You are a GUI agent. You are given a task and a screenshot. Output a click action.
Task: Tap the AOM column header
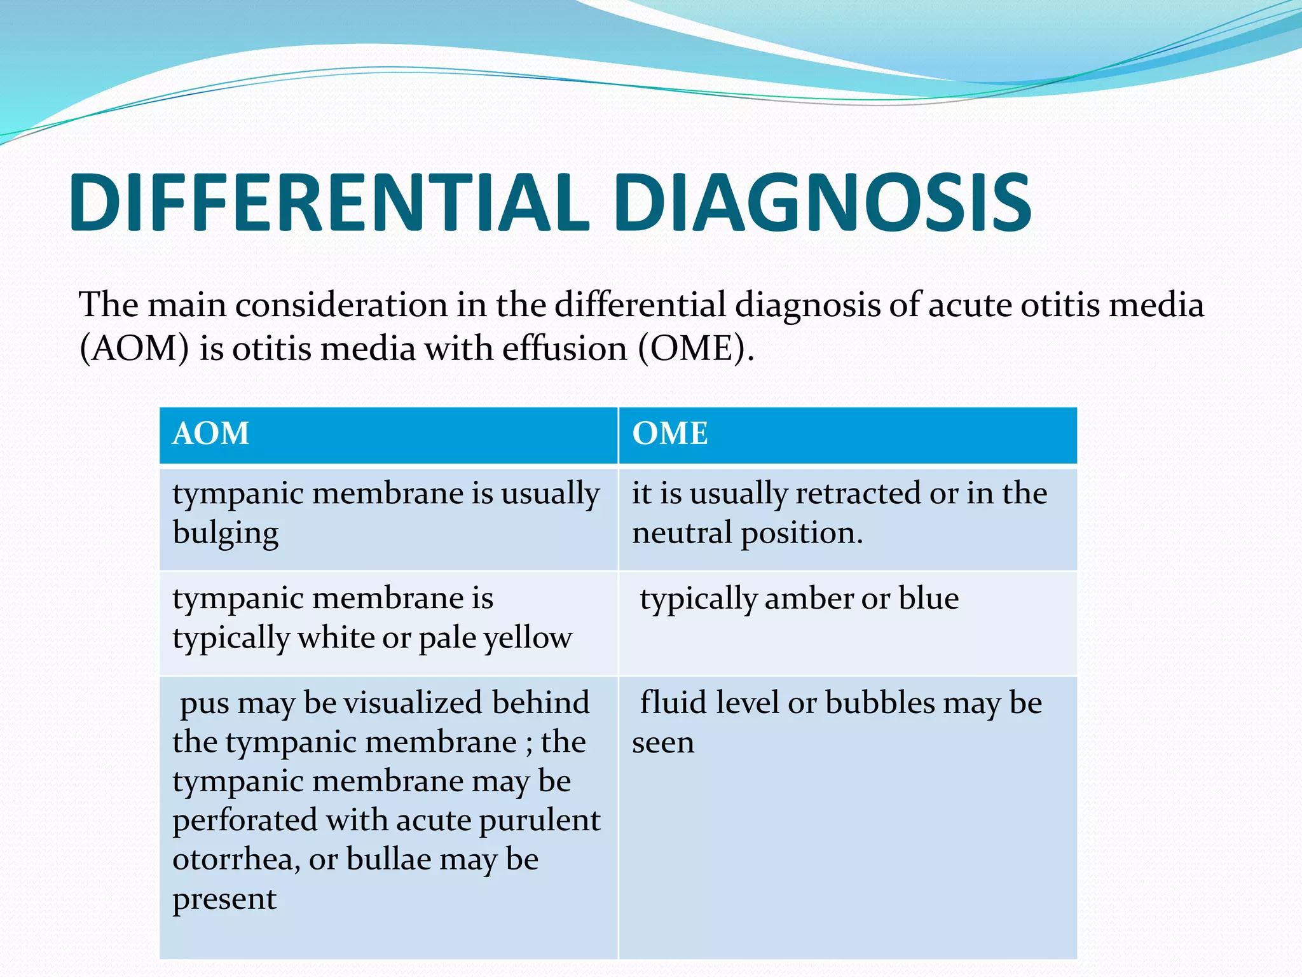point(210,434)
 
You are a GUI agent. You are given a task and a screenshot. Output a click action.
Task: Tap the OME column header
point(669,434)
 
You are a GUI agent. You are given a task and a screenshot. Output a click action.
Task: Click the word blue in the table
point(928,599)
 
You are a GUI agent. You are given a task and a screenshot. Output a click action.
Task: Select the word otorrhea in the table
point(233,860)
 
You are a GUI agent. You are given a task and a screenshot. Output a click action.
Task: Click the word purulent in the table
point(539,821)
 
